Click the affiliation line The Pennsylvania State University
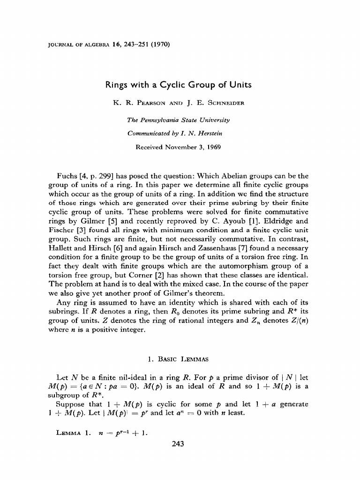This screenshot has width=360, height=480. [178, 120]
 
